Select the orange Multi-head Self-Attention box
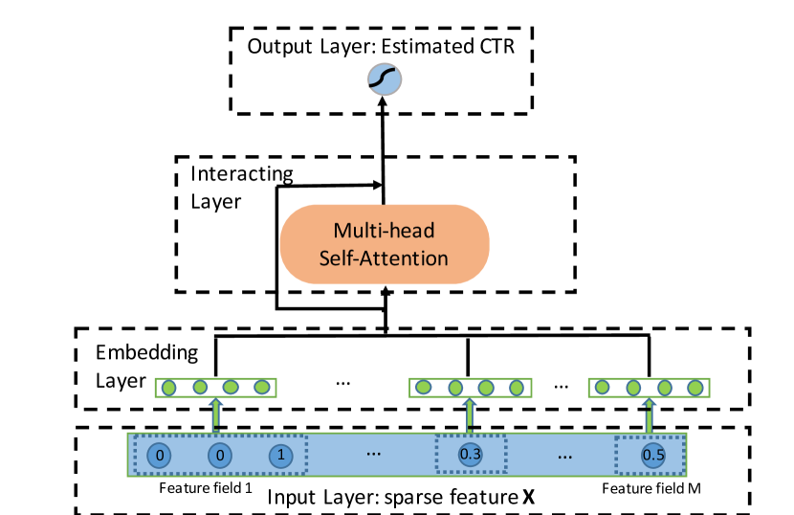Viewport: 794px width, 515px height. click(x=384, y=243)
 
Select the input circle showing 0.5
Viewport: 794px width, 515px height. click(x=652, y=455)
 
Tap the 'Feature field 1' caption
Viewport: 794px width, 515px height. click(x=205, y=488)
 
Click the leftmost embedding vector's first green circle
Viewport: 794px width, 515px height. click(x=169, y=388)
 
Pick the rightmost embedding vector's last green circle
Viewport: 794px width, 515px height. click(x=696, y=388)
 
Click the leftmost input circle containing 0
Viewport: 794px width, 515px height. click(x=162, y=456)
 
